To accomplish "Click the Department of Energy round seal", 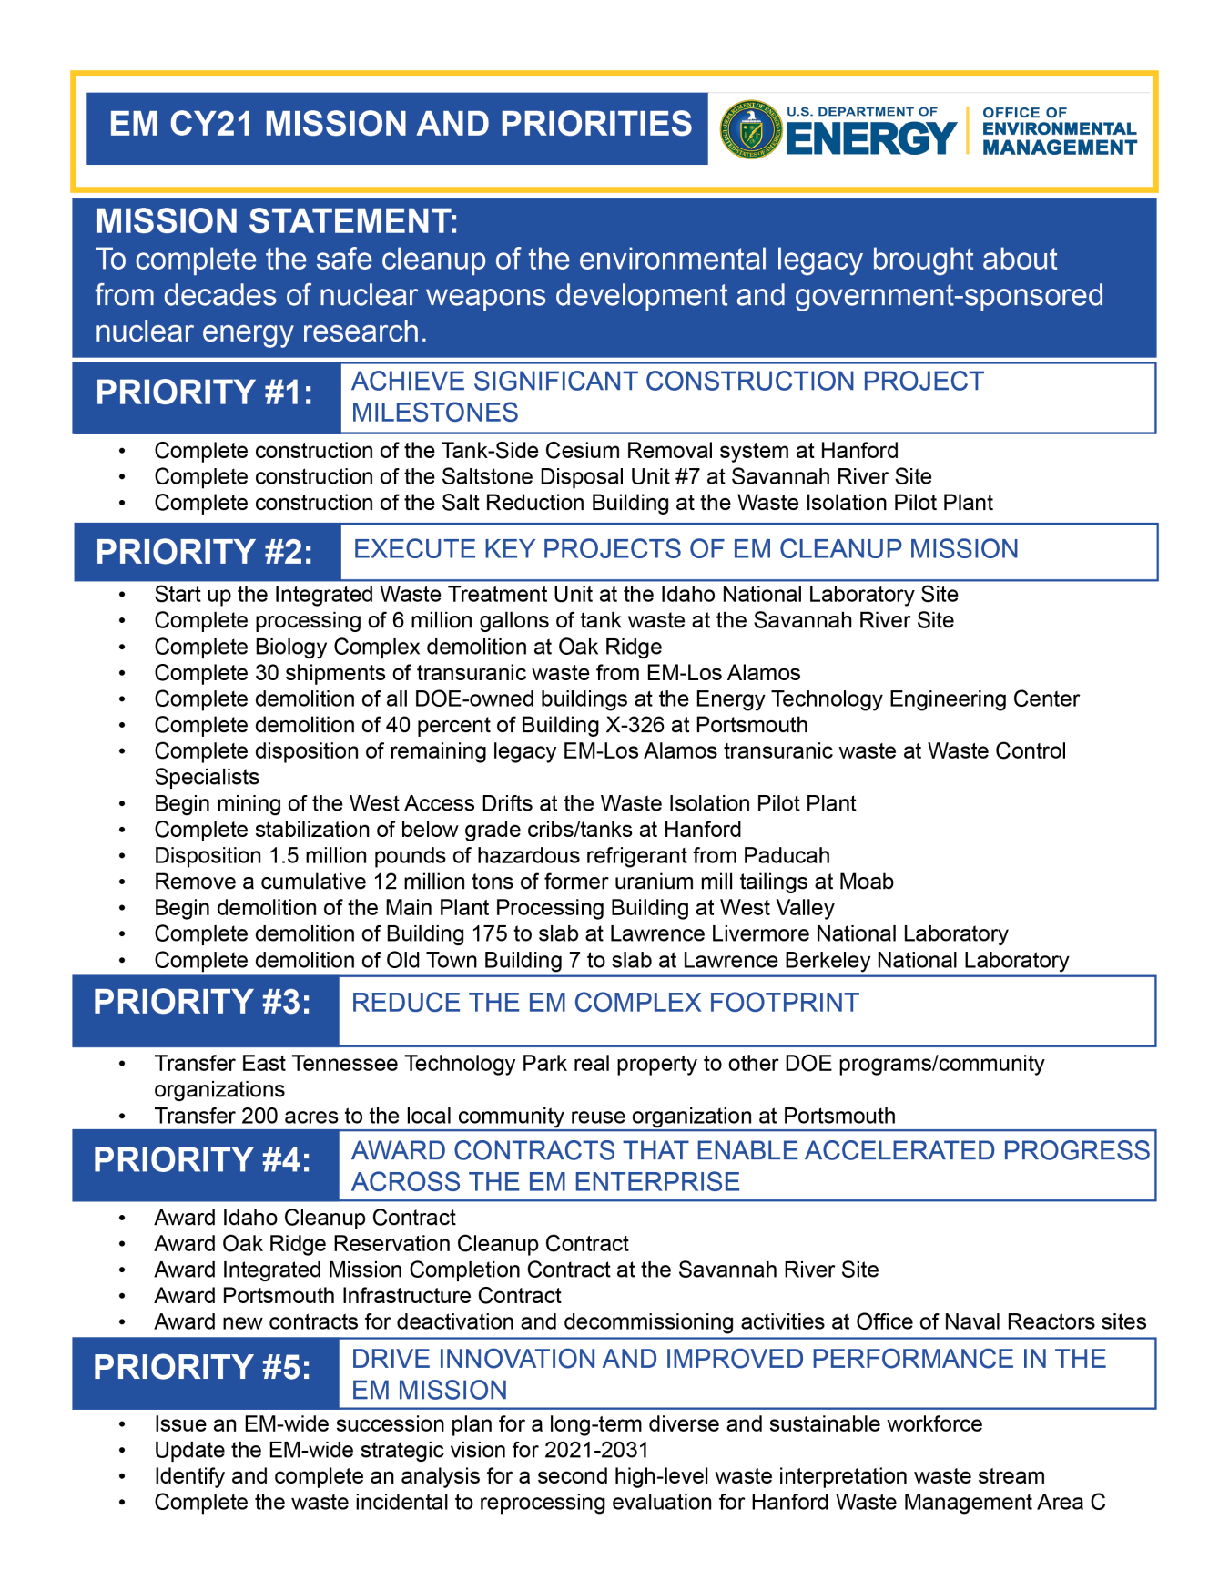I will coord(751,129).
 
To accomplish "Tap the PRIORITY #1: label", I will coord(204,393).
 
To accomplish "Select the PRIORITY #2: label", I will coord(204,552).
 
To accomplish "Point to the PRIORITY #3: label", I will coord(202,1002).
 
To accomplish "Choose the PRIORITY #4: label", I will coord(202,1160).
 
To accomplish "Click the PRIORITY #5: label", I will coord(202,1367).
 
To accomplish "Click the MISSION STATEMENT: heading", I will coord(277,221).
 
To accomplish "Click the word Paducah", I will coord(787,856).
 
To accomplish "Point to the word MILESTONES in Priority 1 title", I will coord(434,413).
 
